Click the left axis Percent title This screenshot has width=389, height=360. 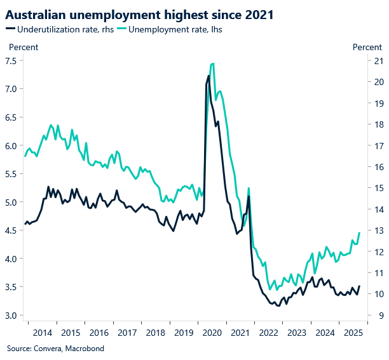[23, 47]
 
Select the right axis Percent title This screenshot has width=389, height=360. [367, 47]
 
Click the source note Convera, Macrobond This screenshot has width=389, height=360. [55, 348]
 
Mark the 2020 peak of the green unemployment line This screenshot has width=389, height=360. [212, 63]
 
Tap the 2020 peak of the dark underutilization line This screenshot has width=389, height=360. [208, 76]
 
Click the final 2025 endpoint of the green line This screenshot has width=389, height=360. [360, 232]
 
